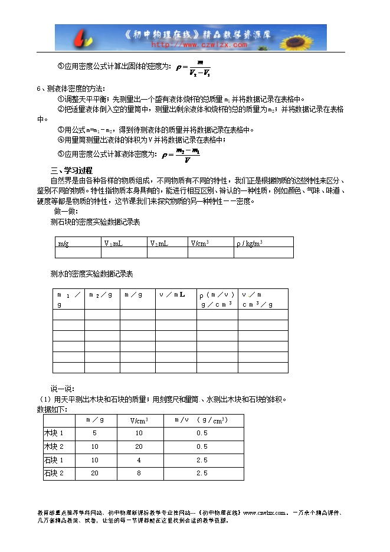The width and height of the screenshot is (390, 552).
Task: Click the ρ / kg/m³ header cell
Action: (250, 242)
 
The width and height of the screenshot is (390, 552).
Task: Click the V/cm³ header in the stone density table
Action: (200, 242)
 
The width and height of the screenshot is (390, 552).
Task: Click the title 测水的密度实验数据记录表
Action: (91, 274)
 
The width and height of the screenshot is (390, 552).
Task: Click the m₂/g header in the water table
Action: (101, 294)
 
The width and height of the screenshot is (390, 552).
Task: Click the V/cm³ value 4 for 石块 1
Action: (139, 460)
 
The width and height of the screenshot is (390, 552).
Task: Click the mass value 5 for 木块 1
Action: (94, 433)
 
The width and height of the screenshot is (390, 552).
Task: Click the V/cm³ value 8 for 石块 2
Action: (139, 473)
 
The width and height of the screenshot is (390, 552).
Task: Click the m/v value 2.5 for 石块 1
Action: (202, 460)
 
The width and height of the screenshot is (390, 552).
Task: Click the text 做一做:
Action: (66, 211)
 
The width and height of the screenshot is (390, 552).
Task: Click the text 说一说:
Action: (62, 389)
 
